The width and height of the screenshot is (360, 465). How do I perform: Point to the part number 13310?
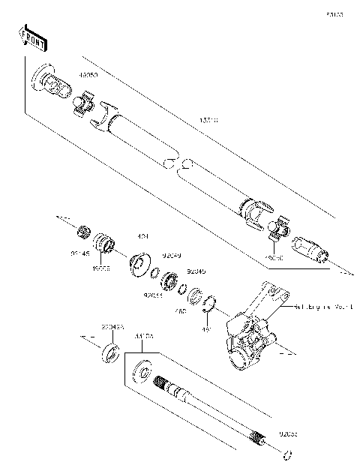pos(209,119)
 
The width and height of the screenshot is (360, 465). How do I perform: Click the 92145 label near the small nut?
pos(80,255)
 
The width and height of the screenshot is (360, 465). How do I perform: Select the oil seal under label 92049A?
pos(111,352)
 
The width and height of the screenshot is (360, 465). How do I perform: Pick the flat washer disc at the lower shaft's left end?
pos(141,373)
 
